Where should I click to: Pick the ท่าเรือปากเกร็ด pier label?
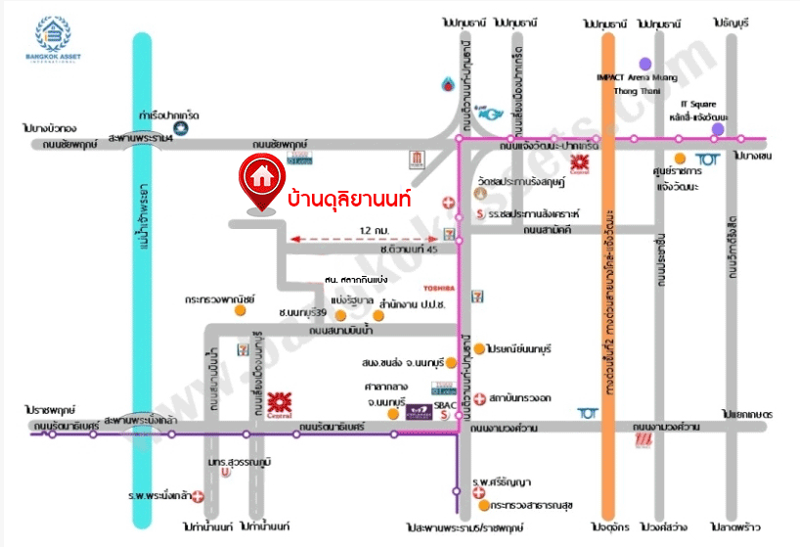169,113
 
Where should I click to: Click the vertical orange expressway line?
607,294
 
